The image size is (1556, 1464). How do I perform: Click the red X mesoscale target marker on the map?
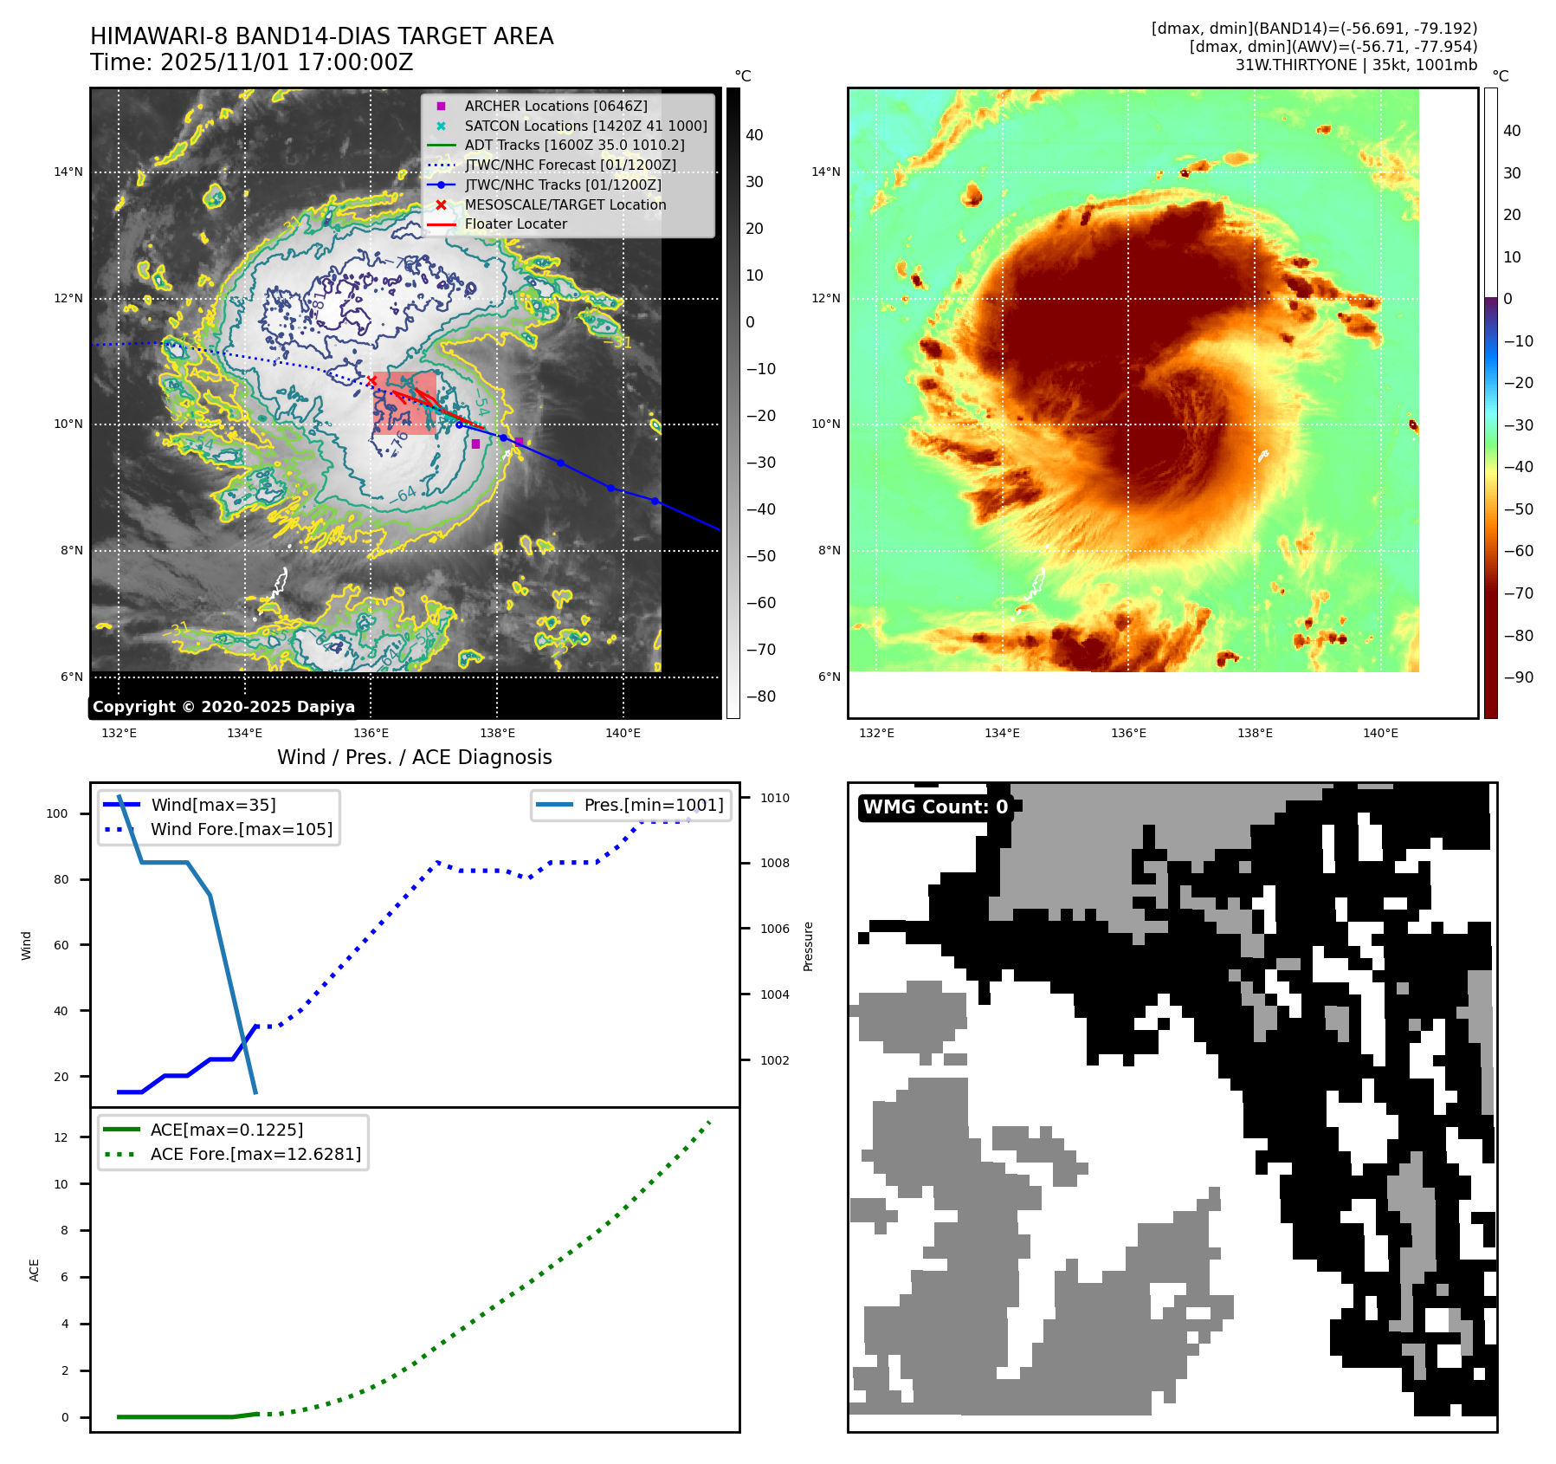pyautogui.click(x=371, y=381)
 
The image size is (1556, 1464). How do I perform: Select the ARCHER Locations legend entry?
pyautogui.click(x=555, y=106)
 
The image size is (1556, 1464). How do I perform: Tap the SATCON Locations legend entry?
pyautogui.click(x=585, y=126)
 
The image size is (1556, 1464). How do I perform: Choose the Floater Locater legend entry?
pyautogui.click(x=515, y=223)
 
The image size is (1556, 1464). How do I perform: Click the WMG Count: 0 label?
pyautogui.click(x=935, y=807)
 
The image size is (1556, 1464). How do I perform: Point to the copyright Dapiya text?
pyautogui.click(x=223, y=707)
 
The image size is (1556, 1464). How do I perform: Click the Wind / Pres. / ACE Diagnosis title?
pyautogui.click(x=414, y=757)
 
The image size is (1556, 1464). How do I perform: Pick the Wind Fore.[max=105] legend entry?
pyautogui.click(x=241, y=829)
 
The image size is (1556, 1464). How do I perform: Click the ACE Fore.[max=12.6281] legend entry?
pyautogui.click(x=255, y=1154)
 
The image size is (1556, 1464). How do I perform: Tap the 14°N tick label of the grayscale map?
pyautogui.click(x=68, y=172)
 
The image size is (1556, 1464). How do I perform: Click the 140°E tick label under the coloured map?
pyautogui.click(x=1380, y=733)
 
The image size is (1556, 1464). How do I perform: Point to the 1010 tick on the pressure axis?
pyautogui.click(x=775, y=798)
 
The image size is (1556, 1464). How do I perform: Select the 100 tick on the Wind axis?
pyautogui.click(x=56, y=813)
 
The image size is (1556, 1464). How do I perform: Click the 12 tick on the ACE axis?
pyautogui.click(x=61, y=1137)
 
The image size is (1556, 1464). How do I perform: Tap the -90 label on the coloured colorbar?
pyautogui.click(x=1517, y=677)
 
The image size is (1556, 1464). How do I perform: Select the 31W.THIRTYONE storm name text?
pyautogui.click(x=1295, y=65)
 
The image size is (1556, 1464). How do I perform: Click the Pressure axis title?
pyautogui.click(x=808, y=946)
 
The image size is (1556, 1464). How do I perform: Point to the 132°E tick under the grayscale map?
pyautogui.click(x=119, y=733)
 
